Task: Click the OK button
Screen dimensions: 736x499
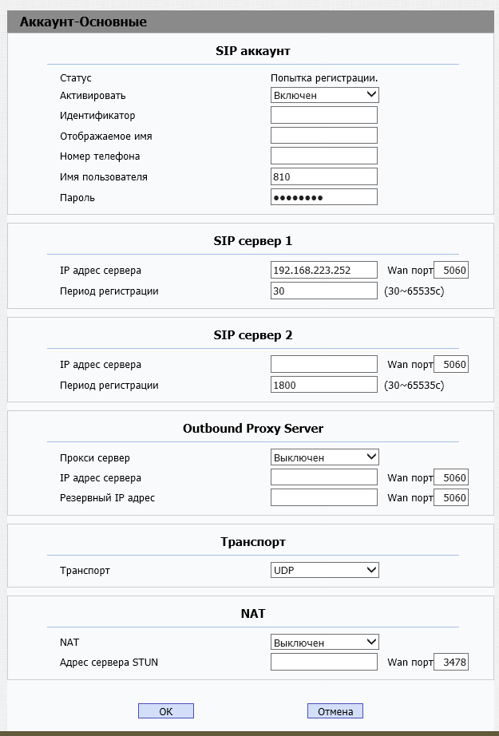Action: (165, 710)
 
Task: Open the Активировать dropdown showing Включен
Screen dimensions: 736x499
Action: (324, 95)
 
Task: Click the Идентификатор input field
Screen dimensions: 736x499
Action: (324, 116)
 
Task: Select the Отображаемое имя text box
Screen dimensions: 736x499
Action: (324, 136)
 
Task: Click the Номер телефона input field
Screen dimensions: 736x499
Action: (324, 156)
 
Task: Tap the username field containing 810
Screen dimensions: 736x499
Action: (324, 176)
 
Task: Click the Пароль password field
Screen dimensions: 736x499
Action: (324, 197)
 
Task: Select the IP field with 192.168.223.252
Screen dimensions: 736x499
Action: (324, 271)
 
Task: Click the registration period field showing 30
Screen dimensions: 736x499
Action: (324, 291)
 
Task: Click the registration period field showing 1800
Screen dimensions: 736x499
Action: (324, 386)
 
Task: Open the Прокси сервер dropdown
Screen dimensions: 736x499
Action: (324, 457)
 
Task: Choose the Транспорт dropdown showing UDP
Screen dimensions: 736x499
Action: (324, 570)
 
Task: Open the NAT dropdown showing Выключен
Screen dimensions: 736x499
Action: (324, 642)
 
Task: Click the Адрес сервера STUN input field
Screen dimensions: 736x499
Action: (324, 662)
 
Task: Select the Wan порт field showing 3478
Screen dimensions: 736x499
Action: (451, 662)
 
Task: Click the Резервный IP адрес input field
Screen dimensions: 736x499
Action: (324, 497)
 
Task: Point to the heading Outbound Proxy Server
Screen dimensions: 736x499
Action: (252, 429)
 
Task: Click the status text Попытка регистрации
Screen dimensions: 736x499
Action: (324, 78)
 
